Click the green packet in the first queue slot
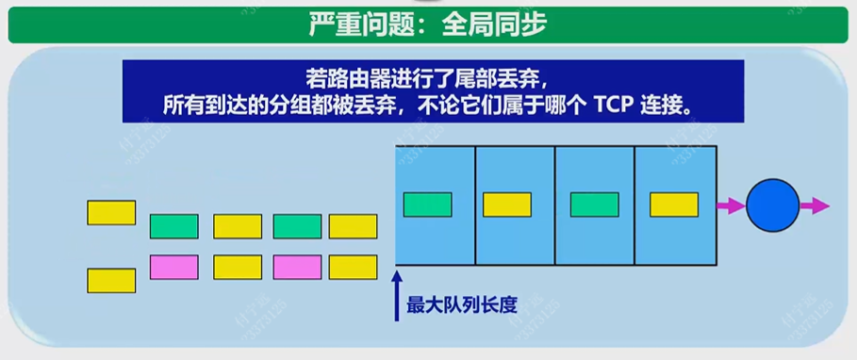click(426, 205)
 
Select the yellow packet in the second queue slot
click(507, 205)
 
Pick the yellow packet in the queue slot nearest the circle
click(674, 205)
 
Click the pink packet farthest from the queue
click(173, 267)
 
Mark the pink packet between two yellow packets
click(297, 267)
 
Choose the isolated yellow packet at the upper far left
click(111, 212)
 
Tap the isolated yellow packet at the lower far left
click(111, 280)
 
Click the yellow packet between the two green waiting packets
click(237, 226)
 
